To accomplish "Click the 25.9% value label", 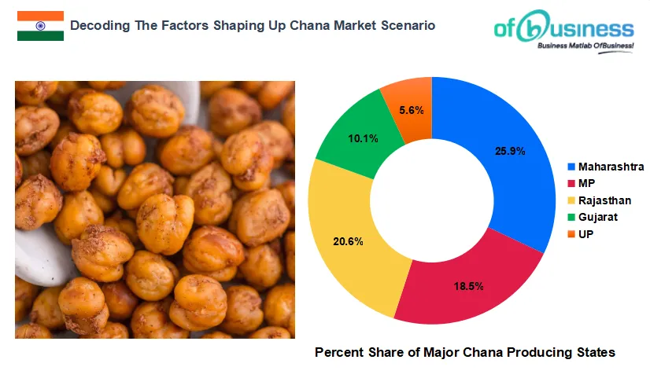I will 511,151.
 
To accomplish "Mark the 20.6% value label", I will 349,241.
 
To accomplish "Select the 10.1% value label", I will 363,138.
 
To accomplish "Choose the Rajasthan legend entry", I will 604,200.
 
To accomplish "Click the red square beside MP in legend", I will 571,184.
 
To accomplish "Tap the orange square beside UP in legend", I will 571,234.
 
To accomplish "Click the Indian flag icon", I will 40,26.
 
